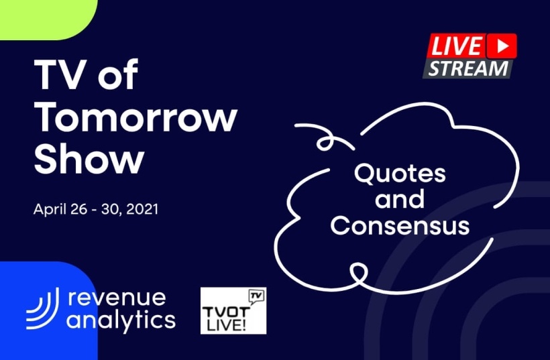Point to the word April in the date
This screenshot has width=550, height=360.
point(50,210)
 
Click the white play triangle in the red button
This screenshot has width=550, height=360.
point(503,46)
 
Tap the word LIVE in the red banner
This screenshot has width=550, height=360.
point(456,46)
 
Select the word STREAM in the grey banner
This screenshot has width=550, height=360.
point(468,68)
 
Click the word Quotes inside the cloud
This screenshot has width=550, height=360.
point(400,174)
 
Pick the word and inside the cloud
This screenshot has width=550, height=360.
point(400,198)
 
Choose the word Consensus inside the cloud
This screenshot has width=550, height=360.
point(400,225)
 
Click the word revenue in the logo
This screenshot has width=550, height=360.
point(117,298)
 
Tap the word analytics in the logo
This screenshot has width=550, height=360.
point(121,320)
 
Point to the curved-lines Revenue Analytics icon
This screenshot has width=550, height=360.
point(42,308)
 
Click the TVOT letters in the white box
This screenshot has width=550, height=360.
point(226,312)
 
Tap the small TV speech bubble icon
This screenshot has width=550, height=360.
point(256,296)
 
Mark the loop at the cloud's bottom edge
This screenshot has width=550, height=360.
point(358,273)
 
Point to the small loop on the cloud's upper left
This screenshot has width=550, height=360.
point(325,141)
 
